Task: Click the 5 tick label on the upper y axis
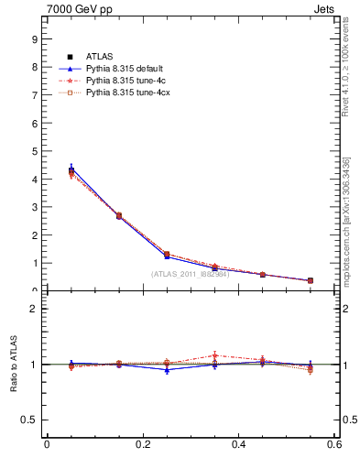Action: [x=34, y=151]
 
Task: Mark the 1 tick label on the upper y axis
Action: [x=34, y=264]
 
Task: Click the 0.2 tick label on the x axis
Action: [x=142, y=444]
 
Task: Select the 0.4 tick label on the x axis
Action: [x=238, y=444]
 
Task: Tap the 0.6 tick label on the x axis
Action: [x=334, y=444]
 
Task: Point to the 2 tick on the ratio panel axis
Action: [x=34, y=309]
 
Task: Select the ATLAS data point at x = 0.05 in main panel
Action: [x=71, y=170]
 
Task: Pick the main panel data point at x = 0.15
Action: [x=119, y=216]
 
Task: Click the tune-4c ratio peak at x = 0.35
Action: [x=215, y=355]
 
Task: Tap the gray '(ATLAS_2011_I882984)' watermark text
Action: [x=190, y=274]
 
